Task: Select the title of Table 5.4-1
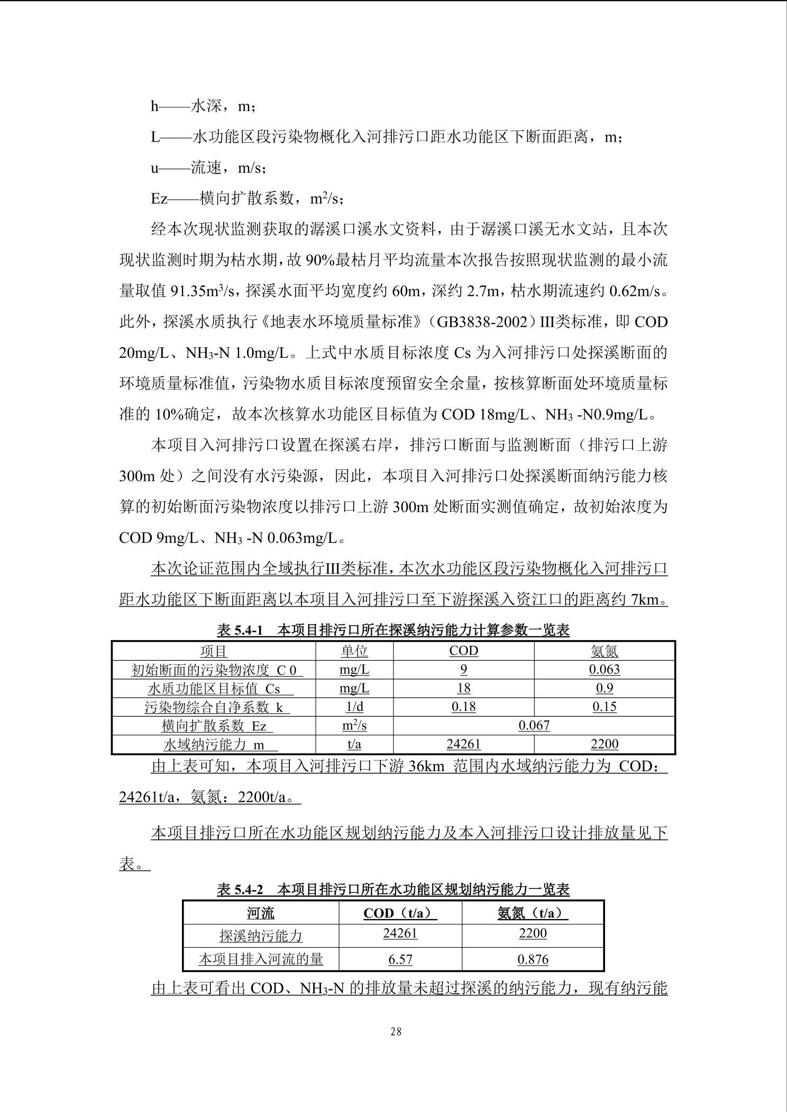(393, 630)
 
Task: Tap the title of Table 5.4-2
(393, 889)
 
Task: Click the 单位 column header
(354, 651)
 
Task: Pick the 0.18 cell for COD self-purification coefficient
(463, 707)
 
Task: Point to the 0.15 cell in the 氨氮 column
(604, 707)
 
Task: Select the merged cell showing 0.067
(534, 725)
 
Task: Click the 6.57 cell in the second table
(400, 959)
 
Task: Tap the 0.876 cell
(533, 959)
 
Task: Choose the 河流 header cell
(261, 913)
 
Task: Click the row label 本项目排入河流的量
(261, 959)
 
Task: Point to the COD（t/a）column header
(400, 913)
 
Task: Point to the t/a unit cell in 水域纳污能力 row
(354, 744)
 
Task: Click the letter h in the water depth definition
(154, 106)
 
